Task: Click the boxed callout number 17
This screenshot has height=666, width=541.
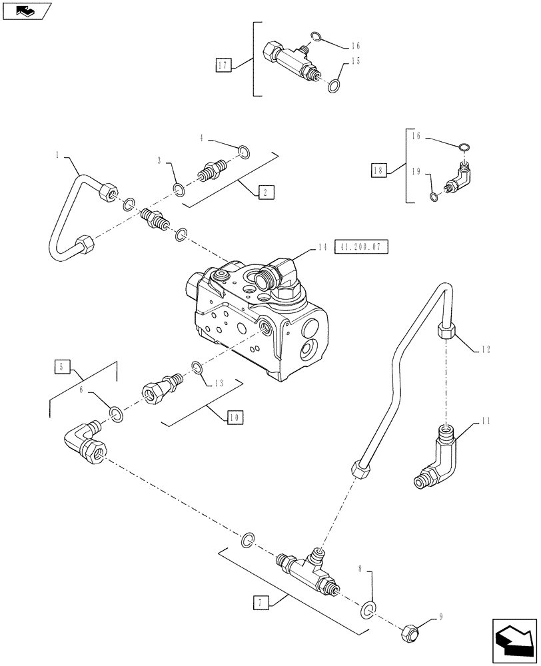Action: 223,65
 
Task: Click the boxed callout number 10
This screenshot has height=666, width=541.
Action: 235,418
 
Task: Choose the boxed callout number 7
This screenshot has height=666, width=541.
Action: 260,603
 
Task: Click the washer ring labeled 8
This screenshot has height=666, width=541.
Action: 368,609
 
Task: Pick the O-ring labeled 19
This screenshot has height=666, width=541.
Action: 434,196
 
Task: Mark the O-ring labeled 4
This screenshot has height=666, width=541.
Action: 244,153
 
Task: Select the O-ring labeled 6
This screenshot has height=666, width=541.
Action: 115,416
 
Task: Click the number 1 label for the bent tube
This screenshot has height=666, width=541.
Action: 58,155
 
